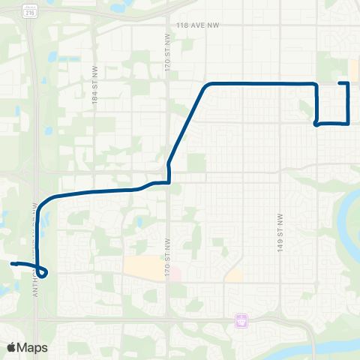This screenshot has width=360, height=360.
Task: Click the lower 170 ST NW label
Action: point(166,267)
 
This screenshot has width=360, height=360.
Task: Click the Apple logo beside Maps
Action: point(11,347)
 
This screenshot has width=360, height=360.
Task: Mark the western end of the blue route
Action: point(12,264)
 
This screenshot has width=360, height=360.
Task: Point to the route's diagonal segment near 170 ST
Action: point(186,124)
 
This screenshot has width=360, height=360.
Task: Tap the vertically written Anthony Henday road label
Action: point(34,247)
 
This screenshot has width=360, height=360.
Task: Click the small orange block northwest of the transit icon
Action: point(233,275)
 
